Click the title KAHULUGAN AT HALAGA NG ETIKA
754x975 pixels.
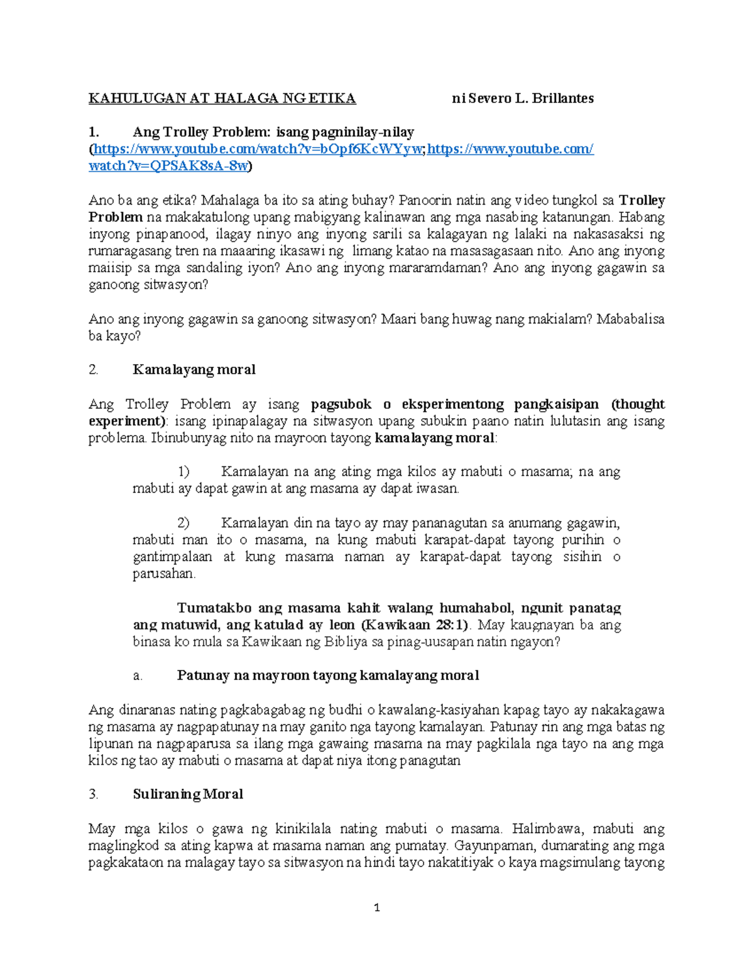222,99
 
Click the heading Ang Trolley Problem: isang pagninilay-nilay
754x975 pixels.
273,132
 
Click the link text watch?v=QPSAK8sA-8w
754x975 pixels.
168,166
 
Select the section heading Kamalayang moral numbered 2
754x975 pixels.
194,370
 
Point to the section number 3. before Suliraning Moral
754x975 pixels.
94,794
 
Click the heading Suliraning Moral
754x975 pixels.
188,794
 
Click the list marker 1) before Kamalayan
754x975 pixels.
183,472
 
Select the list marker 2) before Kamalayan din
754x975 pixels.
183,523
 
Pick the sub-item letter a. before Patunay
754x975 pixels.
138,676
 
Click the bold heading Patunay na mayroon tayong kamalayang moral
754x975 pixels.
327,676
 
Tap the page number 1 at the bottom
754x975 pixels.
377,908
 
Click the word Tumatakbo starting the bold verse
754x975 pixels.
214,608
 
